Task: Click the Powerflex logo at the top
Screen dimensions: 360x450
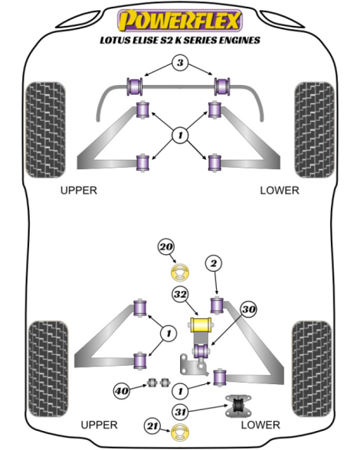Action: coord(180,20)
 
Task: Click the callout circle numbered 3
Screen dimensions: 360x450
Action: coord(180,63)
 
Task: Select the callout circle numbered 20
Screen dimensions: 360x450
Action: coord(166,246)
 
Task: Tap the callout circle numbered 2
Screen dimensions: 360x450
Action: coord(214,263)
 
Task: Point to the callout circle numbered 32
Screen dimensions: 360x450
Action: coord(181,295)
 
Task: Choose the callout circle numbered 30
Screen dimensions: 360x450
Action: coord(249,309)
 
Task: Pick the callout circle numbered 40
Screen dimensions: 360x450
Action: coord(122,390)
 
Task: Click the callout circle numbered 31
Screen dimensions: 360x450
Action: coord(181,412)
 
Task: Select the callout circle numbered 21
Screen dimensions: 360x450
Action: coord(153,426)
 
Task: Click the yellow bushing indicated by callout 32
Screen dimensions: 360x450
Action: coord(201,324)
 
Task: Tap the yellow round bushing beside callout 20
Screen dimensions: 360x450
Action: coord(181,272)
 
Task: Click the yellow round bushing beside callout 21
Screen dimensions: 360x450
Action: coord(181,433)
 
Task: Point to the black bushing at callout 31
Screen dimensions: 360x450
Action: coord(237,406)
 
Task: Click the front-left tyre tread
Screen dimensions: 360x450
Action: coord(45,130)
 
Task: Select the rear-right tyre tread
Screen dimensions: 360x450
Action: coord(312,369)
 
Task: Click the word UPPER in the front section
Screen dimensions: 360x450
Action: coord(79,191)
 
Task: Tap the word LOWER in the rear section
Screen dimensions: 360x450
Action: coord(260,425)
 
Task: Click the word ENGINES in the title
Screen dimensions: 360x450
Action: coord(240,40)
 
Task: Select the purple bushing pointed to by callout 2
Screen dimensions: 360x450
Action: coord(218,305)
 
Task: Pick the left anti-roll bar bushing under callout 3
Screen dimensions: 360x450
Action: coord(135,86)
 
